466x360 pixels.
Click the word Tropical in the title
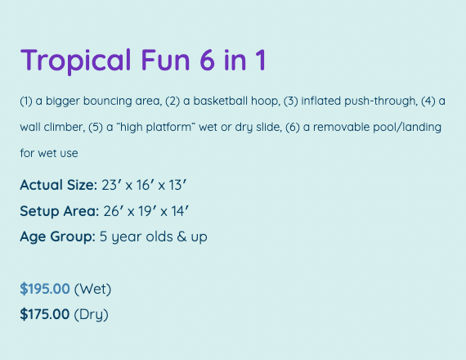[76, 61]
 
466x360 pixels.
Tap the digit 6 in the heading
[207, 61]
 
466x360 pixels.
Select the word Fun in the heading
[165, 61]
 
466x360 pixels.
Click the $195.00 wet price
[45, 289]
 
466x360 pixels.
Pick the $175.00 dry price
[45, 314]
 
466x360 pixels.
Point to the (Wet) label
[92, 289]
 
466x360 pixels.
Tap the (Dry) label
[91, 315]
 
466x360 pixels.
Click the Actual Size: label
[59, 185]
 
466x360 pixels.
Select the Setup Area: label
[60, 211]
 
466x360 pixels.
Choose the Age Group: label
[58, 237]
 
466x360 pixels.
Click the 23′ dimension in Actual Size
[111, 185]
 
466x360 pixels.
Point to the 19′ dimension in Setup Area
[146, 211]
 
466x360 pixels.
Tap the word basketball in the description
[221, 101]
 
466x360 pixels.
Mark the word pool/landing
[407, 128]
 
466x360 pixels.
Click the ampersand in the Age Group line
[181, 237]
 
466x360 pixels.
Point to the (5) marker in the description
[96, 128]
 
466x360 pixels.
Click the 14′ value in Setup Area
[180, 211]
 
